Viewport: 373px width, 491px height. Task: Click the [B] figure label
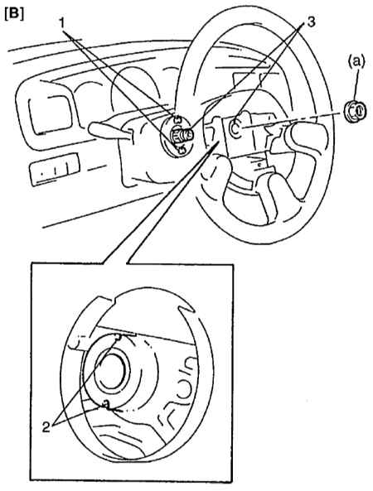pos(14,14)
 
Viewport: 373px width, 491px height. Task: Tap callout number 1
pos(63,23)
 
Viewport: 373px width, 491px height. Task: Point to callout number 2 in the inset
pos(46,426)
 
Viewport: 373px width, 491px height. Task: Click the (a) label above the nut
pos(356,62)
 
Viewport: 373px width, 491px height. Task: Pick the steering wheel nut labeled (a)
pos(355,111)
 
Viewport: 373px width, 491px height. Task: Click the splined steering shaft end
pos(182,135)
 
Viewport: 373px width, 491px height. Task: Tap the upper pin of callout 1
pos(177,119)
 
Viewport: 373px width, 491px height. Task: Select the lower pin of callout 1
pos(180,150)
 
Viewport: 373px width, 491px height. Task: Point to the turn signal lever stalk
pos(108,131)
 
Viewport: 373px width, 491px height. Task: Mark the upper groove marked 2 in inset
pos(119,337)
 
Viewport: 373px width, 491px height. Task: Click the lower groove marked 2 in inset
pos(107,405)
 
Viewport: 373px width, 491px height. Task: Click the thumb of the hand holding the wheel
pos(217,169)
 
